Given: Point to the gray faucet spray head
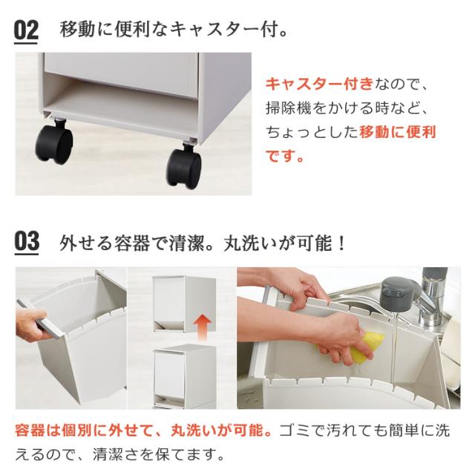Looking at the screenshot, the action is click(397, 293).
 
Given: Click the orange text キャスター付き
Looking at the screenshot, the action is click(319, 84).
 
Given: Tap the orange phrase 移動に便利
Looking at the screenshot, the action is click(398, 132).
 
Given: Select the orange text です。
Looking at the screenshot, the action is click(285, 157).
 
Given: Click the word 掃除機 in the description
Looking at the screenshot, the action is click(289, 108).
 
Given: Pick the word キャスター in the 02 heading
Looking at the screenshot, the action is click(214, 30).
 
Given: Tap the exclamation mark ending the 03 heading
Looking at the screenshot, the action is click(342, 243).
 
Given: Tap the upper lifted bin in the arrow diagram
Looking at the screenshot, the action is click(184, 304).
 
